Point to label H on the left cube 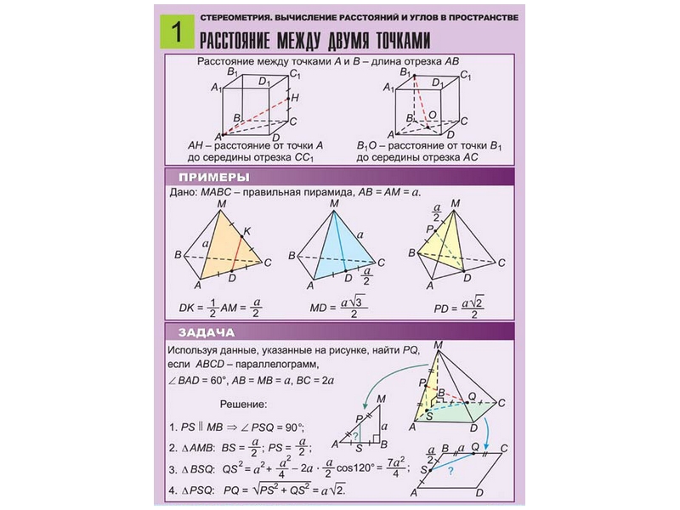295,99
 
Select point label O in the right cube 433,114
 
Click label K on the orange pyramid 247,231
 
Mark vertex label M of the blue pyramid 334,204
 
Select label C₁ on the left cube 295,75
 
